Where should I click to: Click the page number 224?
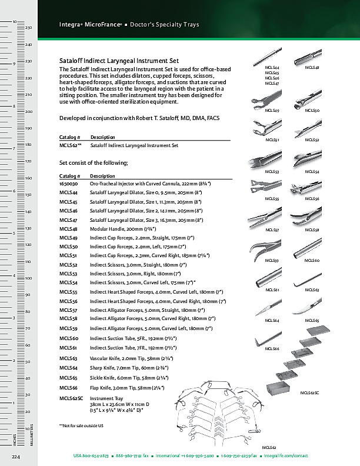coord(15,456)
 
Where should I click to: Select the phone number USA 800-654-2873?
coord(91,456)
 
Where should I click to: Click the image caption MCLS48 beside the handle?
coord(312,68)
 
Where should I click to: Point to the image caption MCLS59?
coord(272,260)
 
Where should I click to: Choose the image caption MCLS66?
coord(272,349)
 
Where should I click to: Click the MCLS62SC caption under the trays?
coord(309,392)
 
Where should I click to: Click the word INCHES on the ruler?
coord(14,439)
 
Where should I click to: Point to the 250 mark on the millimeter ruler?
coord(28,28)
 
